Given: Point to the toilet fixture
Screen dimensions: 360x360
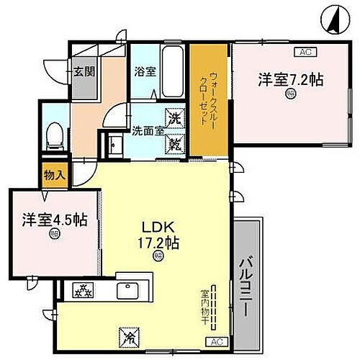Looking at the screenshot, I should pos(53,135).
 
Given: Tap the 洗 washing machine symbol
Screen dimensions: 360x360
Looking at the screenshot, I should pos(176,118).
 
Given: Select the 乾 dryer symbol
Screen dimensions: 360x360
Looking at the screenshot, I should pos(176,143).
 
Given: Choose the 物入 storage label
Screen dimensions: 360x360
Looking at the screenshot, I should pos(54,175).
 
